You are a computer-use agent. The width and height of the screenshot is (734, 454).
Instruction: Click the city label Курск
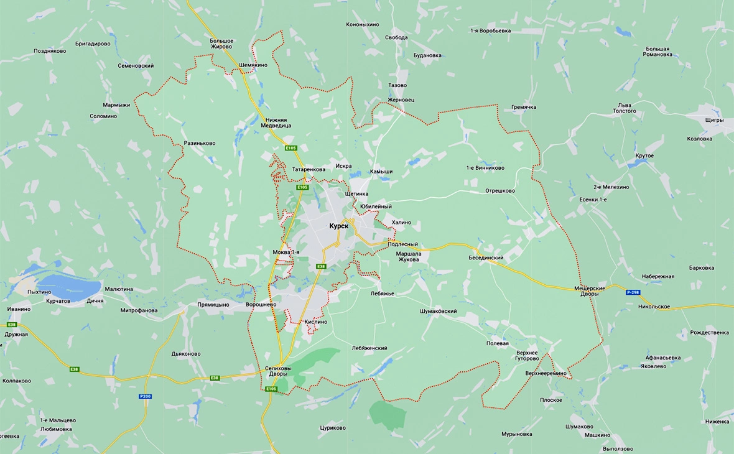coord(341,226)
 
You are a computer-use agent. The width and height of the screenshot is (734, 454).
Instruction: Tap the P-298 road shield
coord(633,292)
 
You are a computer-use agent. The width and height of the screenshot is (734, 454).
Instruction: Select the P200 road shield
coord(145,396)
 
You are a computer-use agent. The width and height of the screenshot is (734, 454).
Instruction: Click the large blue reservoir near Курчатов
coord(68,287)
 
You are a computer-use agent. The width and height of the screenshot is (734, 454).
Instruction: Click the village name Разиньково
coord(200,143)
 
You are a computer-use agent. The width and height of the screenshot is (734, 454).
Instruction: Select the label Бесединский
coord(486,257)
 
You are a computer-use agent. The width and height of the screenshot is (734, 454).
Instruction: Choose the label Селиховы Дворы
coord(276,371)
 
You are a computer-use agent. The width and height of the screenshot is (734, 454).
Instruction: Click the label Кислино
coord(315,322)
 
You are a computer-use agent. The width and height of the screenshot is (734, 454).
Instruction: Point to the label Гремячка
coord(524,107)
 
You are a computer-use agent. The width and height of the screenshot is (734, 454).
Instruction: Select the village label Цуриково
coord(332,428)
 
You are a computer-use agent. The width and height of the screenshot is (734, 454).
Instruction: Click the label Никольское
coord(654,307)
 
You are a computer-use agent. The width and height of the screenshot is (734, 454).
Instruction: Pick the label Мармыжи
coord(116,105)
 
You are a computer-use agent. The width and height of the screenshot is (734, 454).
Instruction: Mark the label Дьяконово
coord(186,354)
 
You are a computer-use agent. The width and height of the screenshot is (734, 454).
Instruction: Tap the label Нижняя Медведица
coord(276,122)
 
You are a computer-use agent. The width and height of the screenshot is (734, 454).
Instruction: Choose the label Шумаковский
coord(439,311)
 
